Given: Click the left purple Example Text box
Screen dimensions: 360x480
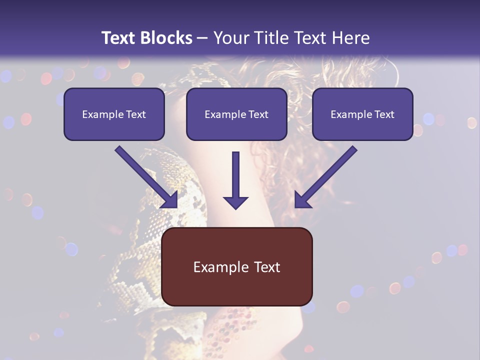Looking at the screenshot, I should pyautogui.click(x=114, y=114).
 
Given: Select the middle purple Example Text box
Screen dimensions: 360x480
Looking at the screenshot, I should pyautogui.click(x=236, y=114).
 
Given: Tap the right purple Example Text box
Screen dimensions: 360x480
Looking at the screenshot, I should pyautogui.click(x=362, y=114).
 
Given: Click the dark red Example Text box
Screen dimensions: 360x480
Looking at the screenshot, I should pyautogui.click(x=236, y=266).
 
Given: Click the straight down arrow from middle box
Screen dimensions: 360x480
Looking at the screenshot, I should pyautogui.click(x=235, y=180).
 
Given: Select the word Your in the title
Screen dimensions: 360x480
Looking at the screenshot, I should pyautogui.click(x=231, y=37).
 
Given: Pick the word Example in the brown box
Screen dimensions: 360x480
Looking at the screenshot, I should pyautogui.click(x=220, y=267).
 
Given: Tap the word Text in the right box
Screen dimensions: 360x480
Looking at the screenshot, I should pyautogui.click(x=384, y=114).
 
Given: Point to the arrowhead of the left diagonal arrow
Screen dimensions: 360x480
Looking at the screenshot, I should pyautogui.click(x=170, y=200).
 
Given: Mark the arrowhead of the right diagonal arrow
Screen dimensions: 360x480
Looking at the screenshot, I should pyautogui.click(x=302, y=200).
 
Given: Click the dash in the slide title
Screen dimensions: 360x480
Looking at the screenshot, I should pyautogui.click(x=202, y=38).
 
